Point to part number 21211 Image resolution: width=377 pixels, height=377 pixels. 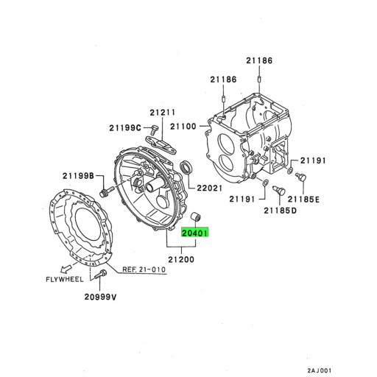tap(163, 113)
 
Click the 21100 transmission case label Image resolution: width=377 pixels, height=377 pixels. tap(182, 127)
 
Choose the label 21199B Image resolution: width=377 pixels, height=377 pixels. tap(78, 175)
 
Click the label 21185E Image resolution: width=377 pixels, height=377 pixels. tap(303, 198)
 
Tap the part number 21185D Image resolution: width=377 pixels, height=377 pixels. tap(280, 211)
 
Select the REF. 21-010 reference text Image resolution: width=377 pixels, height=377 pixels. tap(144, 269)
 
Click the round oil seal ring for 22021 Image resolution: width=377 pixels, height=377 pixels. tap(188, 168)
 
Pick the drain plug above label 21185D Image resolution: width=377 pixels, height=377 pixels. tap(278, 191)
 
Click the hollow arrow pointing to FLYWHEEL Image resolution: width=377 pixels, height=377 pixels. tap(67, 268)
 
